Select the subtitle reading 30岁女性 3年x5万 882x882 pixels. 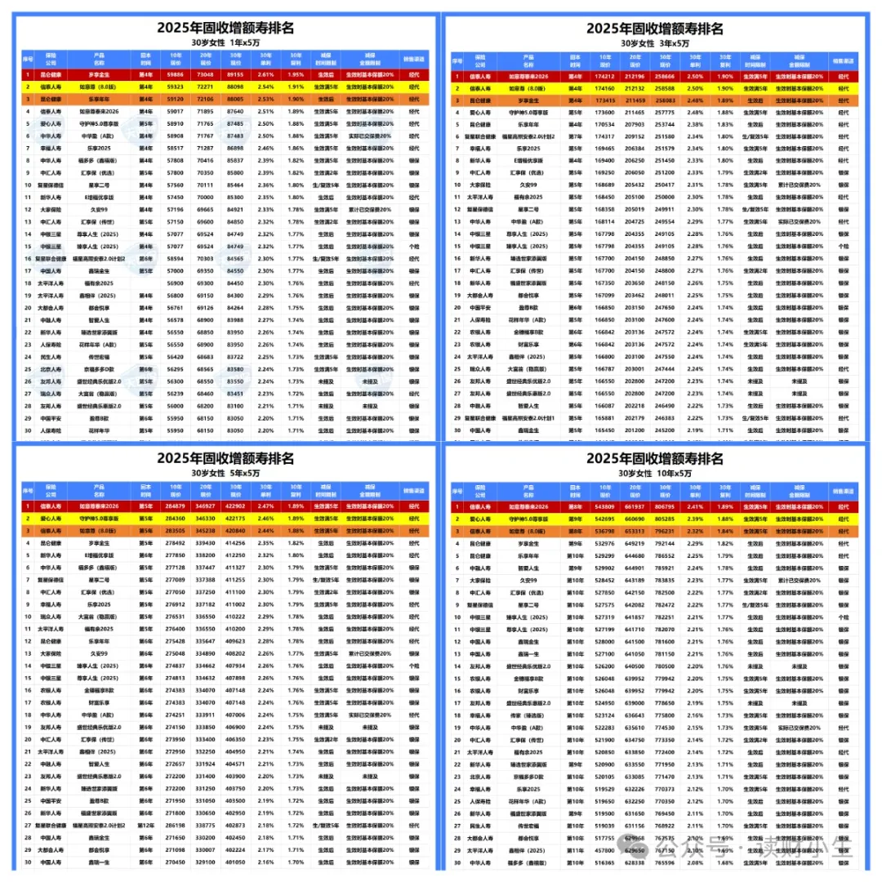coord(654,42)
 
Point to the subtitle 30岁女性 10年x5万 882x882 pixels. coord(654,473)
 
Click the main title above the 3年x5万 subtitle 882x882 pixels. coord(654,28)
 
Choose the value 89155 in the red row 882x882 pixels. coord(235,73)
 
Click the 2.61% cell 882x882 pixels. coord(265,73)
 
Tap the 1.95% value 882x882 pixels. coord(295,73)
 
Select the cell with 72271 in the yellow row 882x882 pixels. coord(206,86)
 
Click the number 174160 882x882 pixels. coord(605,87)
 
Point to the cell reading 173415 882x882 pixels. coord(605,99)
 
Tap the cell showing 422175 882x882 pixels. coord(235,518)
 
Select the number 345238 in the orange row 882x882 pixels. coord(206,529)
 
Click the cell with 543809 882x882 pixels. coord(605,506)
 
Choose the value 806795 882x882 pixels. coord(664,506)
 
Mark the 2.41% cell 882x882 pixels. coord(694,506)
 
